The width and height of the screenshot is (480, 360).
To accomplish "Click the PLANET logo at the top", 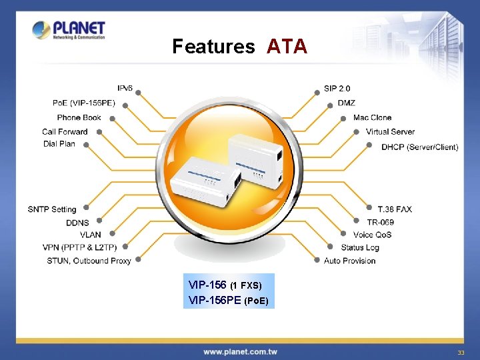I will (69, 31).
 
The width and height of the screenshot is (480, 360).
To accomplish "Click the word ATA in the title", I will (287, 47).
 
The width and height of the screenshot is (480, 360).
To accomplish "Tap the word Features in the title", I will (213, 47).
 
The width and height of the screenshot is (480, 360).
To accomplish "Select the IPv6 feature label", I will (125, 88).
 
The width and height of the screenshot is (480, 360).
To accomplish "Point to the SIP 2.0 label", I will (337, 89).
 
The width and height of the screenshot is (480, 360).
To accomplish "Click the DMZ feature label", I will (346, 103).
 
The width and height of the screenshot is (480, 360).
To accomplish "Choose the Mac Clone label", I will (372, 117).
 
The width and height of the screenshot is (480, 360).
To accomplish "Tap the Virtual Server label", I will (390, 131).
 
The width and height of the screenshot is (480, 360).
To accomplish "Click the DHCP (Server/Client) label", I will (419, 147).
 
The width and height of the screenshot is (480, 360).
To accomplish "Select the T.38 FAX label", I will (395, 209).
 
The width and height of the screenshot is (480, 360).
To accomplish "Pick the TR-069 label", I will (380, 221).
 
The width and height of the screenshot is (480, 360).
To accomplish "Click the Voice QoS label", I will (372, 235).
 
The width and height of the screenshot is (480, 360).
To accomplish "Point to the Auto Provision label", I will (349, 261).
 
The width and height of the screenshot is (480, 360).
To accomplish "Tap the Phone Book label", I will (79, 117).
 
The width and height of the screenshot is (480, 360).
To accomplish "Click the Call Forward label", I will (65, 131).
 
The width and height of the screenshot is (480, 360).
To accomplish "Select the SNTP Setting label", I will (52, 209).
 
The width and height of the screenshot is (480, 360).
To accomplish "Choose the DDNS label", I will (77, 223).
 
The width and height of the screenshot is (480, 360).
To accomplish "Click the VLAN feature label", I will (91, 235).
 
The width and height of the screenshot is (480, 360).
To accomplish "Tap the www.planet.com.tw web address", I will (240, 351).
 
